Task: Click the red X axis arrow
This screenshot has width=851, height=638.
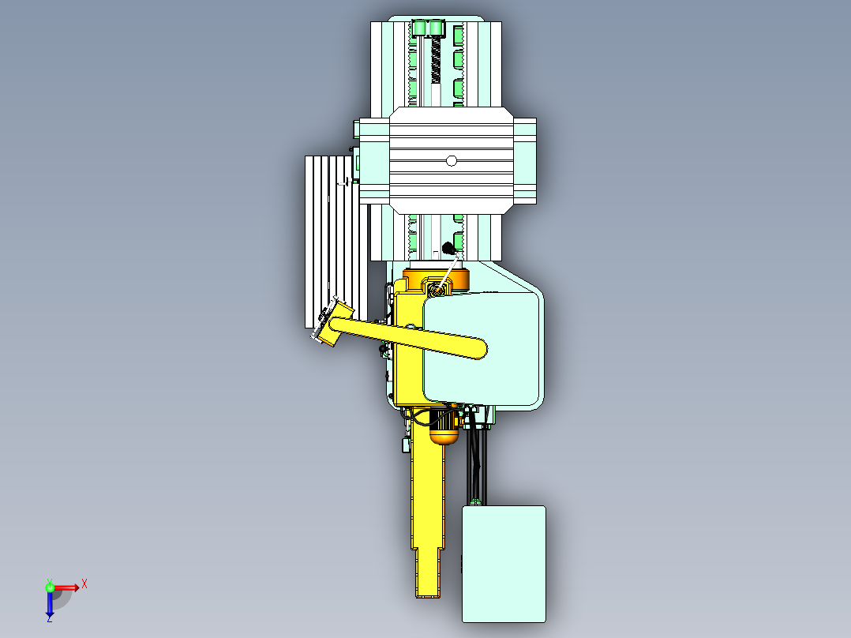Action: pos(66,587)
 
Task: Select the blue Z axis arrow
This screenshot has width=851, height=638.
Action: pos(49,604)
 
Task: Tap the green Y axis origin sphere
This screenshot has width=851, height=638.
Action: pos(49,587)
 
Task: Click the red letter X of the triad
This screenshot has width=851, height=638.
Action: pos(84,584)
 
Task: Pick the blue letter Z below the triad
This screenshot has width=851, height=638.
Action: pos(49,620)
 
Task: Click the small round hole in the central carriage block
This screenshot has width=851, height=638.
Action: pos(451,161)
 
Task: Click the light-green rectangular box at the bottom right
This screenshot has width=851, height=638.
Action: pos(504,563)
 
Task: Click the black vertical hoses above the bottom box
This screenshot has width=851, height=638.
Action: pos(478,466)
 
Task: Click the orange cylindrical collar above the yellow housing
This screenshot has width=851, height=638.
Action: pos(436,279)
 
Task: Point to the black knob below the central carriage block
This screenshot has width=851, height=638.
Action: pos(448,247)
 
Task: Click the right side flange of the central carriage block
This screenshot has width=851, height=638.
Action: pos(525,161)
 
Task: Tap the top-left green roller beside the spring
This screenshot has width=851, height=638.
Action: pos(419,29)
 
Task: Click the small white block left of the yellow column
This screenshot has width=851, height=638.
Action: pos(405,445)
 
